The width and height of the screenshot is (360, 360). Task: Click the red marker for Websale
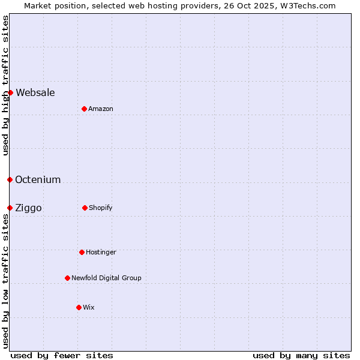click(x=10, y=92)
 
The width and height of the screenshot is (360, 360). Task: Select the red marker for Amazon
click(x=84, y=109)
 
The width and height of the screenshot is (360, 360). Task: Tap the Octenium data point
click(x=10, y=179)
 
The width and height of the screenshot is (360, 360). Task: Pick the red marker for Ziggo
click(x=10, y=208)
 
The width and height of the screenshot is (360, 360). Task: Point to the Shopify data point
click(x=85, y=208)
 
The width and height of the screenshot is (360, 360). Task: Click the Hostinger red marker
click(x=82, y=252)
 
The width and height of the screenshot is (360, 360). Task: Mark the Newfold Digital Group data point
click(x=67, y=278)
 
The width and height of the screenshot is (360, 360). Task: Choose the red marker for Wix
click(x=79, y=307)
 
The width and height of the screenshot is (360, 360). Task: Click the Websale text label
click(x=35, y=92)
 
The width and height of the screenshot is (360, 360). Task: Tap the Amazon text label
click(x=101, y=109)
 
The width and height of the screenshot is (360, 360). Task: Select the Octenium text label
click(x=38, y=179)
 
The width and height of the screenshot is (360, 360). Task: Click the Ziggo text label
click(x=28, y=208)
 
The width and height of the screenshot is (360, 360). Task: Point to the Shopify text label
click(x=101, y=208)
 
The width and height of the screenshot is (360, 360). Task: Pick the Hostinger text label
click(x=101, y=252)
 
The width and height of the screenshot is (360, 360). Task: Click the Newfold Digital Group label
click(x=106, y=278)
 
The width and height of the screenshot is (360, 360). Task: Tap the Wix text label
click(x=89, y=307)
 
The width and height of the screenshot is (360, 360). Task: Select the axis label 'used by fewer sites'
click(x=62, y=355)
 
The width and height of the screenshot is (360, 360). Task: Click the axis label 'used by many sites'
click(x=301, y=355)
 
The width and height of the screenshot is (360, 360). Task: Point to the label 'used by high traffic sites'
click(x=5, y=85)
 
